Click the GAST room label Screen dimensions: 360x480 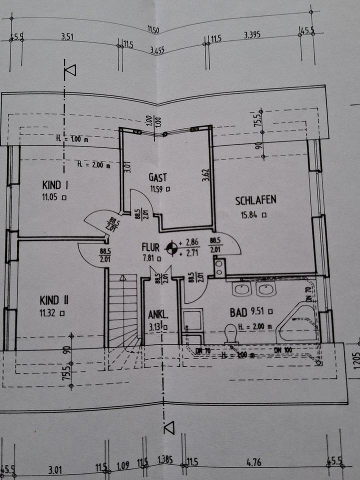pyautogui.click(x=157, y=177)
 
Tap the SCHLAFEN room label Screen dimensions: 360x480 pyautogui.click(x=255, y=200)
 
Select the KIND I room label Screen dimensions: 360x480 pyautogui.click(x=55, y=185)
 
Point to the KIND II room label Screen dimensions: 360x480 pyautogui.click(x=54, y=300)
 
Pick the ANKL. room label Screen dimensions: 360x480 pyautogui.click(x=157, y=315)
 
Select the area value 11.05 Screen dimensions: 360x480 pyautogui.click(x=51, y=197)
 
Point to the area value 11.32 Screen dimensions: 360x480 pyautogui.click(x=49, y=313)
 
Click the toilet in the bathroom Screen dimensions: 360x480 pyautogui.click(x=231, y=333)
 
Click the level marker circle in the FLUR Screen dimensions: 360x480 pyautogui.click(x=171, y=247)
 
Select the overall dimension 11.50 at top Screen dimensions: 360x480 pyautogui.click(x=154, y=31)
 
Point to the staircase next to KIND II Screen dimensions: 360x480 pyautogui.click(x=123, y=310)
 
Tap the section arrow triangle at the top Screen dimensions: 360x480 pyautogui.click(x=70, y=70)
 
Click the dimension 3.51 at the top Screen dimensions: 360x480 pyautogui.click(x=67, y=36)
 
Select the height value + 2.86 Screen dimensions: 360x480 pyautogui.click(x=190, y=241)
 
